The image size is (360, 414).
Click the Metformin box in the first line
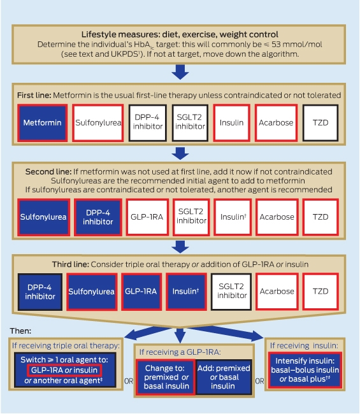pyautogui.click(x=42, y=123)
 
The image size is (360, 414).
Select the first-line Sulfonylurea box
pyautogui.click(x=97, y=123)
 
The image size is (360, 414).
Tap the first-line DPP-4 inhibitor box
pyautogui.click(x=148, y=123)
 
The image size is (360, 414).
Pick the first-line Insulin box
pyautogui.click(x=232, y=123)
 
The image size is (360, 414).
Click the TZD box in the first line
pyautogui.click(x=320, y=123)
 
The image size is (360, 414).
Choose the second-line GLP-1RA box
pyautogui.click(x=147, y=217)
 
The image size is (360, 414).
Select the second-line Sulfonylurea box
pyautogui.click(x=43, y=217)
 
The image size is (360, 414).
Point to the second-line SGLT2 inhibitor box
pyautogui.click(x=191, y=217)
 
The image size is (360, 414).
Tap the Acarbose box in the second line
pyautogui.click(x=277, y=217)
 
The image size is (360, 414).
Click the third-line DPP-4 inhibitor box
pyautogui.click(x=40, y=292)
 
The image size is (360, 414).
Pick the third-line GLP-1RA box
pyautogui.click(x=141, y=292)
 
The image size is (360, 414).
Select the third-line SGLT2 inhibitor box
pyautogui.click(x=231, y=292)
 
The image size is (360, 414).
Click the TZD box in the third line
pyautogui.click(x=320, y=292)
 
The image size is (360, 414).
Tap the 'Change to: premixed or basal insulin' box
pyautogui.click(x=166, y=377)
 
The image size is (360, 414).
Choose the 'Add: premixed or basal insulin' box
pyautogui.click(x=224, y=377)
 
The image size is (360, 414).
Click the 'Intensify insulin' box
pyautogui.click(x=305, y=370)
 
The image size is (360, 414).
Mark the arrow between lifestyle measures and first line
pyautogui.click(x=180, y=72)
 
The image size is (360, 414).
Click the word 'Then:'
pyautogui.click(x=20, y=331)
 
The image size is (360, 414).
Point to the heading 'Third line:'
pyautogui.click(x=71, y=264)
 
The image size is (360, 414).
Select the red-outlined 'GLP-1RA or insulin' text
pyautogui.click(x=64, y=370)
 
